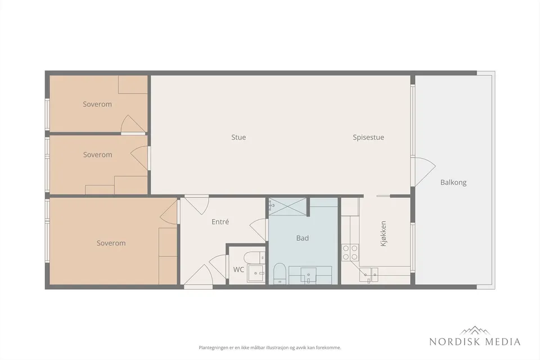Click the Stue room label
(238, 137)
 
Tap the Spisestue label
(368, 137)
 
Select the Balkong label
(453, 182)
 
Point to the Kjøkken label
(383, 233)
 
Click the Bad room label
(303, 238)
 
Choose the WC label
(238, 269)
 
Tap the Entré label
(220, 222)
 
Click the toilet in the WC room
(254, 258)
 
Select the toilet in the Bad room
(280, 274)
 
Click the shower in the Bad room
(287, 206)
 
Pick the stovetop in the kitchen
(350, 252)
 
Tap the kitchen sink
(369, 274)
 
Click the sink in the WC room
(256, 273)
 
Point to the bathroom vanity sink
(309, 276)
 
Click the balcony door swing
(425, 172)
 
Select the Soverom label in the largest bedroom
(111, 243)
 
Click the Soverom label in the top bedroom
(97, 104)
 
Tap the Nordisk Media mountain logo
(475, 330)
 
